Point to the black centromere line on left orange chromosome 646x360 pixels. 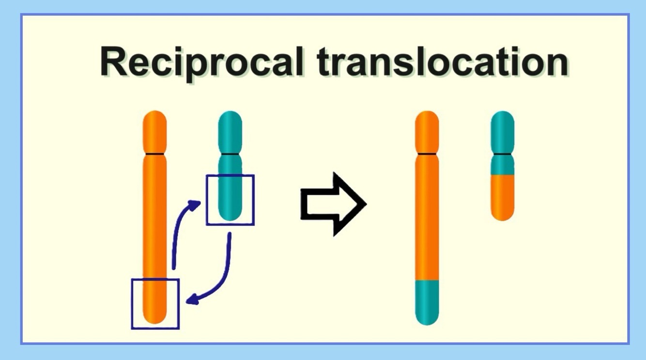(x=155, y=155)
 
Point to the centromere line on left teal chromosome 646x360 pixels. (x=230, y=155)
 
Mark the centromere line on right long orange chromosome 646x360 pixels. (x=427, y=155)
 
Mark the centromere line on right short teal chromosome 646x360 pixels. (x=502, y=155)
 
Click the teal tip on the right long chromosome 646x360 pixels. (x=427, y=302)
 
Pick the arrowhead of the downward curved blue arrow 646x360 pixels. (x=192, y=301)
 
